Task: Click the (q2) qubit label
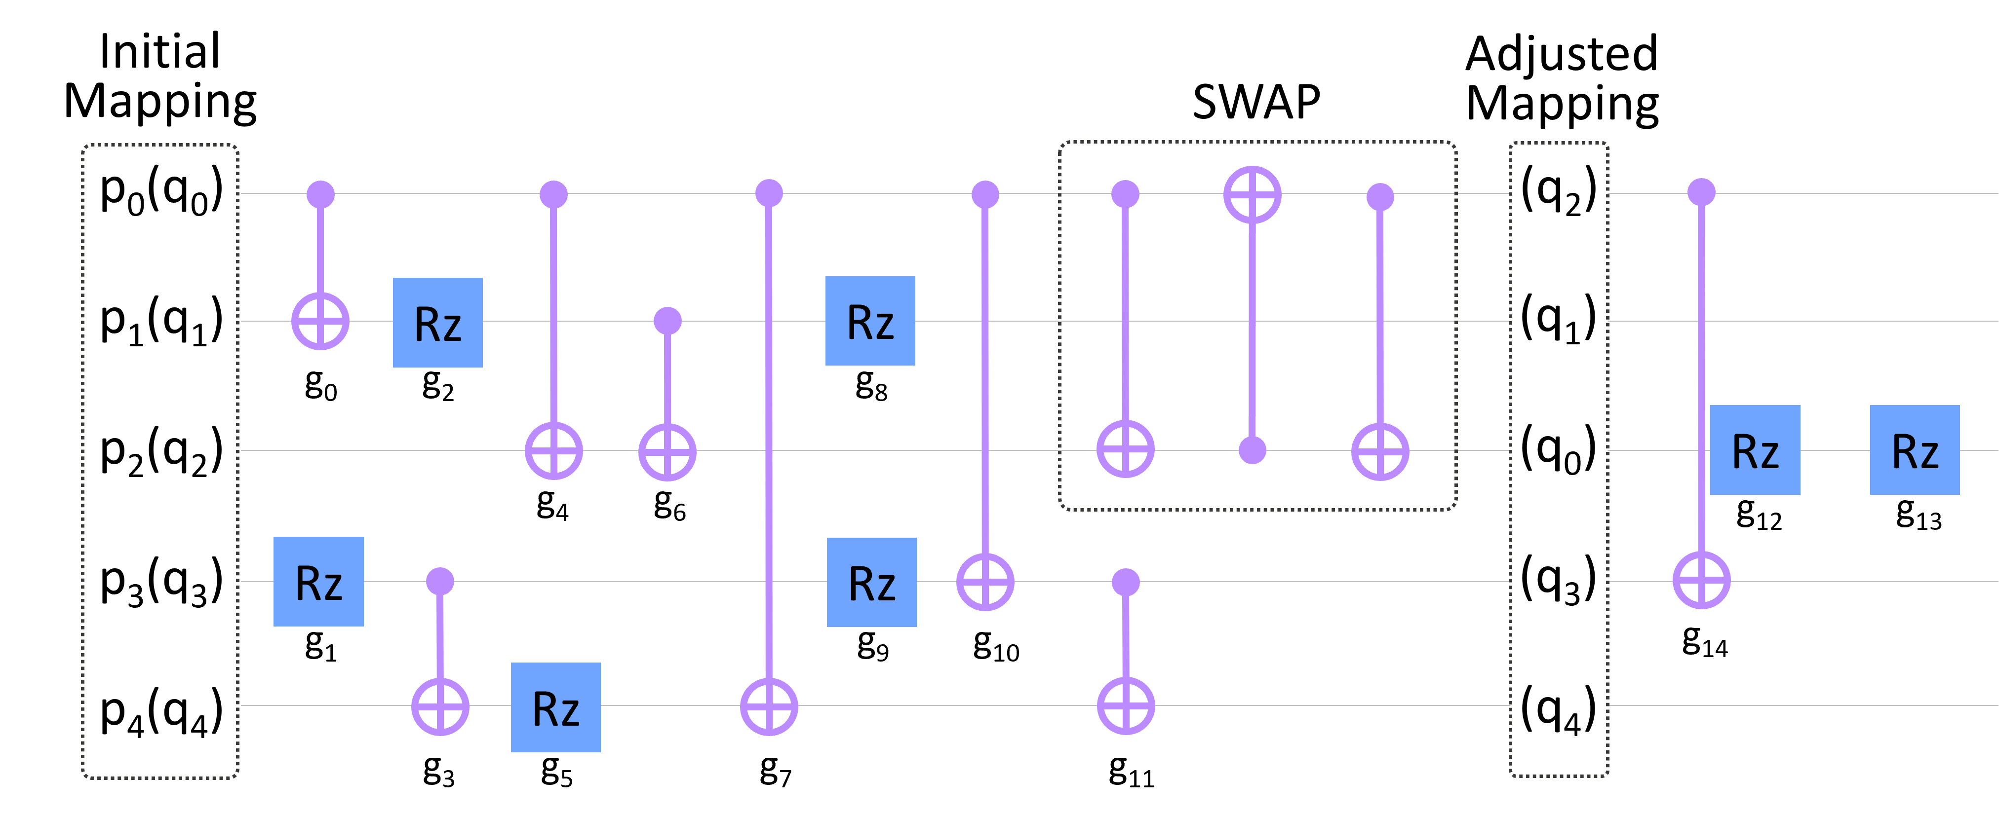(x=1558, y=191)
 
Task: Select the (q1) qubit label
(x=1558, y=320)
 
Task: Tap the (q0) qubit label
(x=1558, y=450)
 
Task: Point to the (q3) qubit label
(x=1558, y=580)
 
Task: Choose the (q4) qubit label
(x=1558, y=709)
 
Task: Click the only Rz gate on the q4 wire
(x=555, y=707)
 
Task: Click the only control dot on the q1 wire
(x=667, y=320)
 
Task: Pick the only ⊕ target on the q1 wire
(x=320, y=320)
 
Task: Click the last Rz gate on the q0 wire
(x=1915, y=450)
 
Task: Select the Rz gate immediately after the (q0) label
(x=1755, y=450)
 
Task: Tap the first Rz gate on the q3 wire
(x=318, y=581)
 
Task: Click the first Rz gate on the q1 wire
(x=438, y=322)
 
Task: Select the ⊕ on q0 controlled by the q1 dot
(x=667, y=451)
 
